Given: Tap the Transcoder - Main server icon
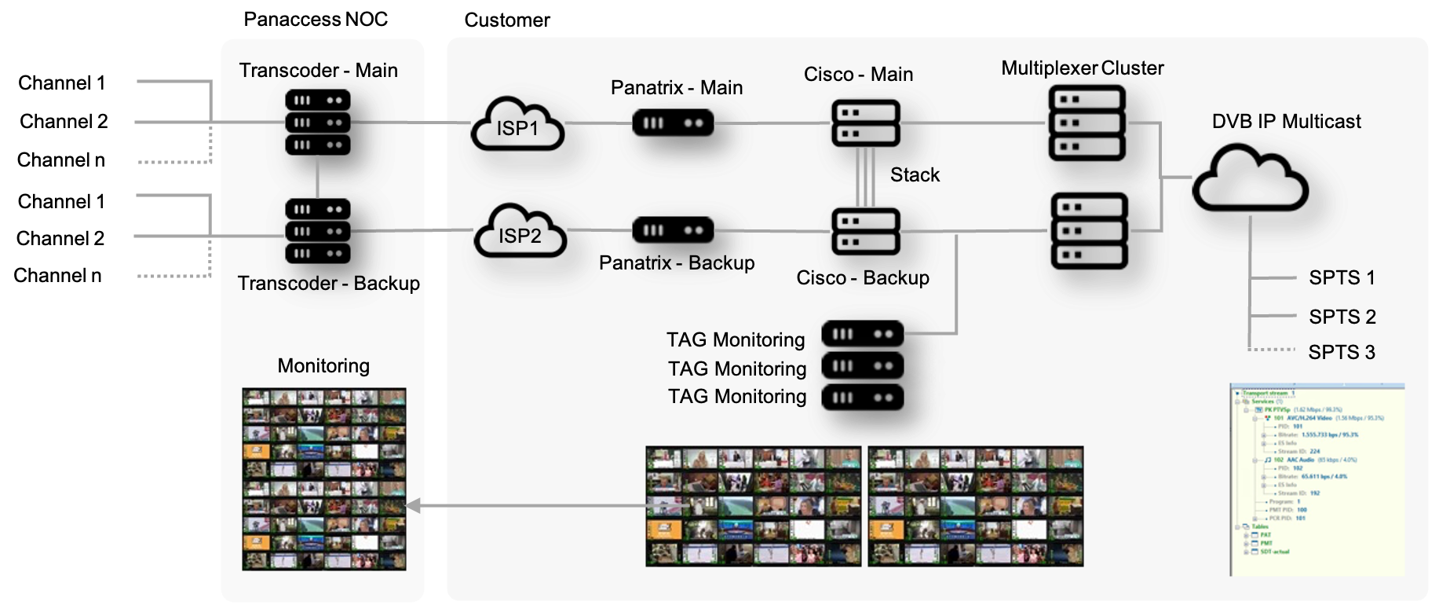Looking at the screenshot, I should pyautogui.click(x=317, y=123).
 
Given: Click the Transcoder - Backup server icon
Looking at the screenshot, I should pyautogui.click(x=317, y=231).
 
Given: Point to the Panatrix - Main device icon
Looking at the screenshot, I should pyautogui.click(x=673, y=123).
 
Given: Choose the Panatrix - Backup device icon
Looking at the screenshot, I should pyautogui.click(x=673, y=230).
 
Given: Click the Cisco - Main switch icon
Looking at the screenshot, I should pyautogui.click(x=865, y=123).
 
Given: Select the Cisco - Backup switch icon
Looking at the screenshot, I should pyautogui.click(x=865, y=231).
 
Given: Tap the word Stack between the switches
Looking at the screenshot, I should pyautogui.click(x=915, y=175).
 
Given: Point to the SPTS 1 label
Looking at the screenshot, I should pyautogui.click(x=1342, y=278).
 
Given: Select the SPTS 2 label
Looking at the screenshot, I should pyautogui.click(x=1342, y=317).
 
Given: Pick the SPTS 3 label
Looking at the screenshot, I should pyautogui.click(x=1342, y=352).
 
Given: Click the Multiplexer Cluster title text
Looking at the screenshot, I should pyautogui.click(x=1082, y=68).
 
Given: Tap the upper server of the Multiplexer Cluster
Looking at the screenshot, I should pyautogui.click(x=1087, y=123).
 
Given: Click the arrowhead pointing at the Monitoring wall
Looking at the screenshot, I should pyautogui.click(x=413, y=506).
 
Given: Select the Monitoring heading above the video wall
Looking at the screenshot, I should pyautogui.click(x=323, y=366).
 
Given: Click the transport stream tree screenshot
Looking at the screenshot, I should pyautogui.click(x=1317, y=479).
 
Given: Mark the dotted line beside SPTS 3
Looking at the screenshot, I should pyautogui.click(x=1272, y=350).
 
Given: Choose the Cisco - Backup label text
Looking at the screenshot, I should pyautogui.click(x=862, y=278).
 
